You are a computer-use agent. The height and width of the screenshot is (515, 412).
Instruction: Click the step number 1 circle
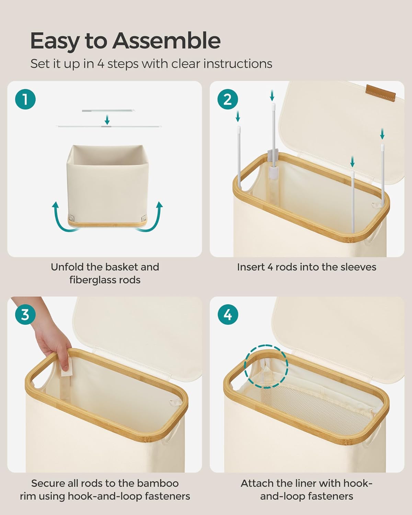coord(25,99)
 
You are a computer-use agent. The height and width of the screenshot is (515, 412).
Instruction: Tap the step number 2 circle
coord(228,99)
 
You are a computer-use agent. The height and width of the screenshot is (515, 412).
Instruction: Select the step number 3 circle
coord(25,314)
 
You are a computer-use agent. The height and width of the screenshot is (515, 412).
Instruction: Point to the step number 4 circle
coord(228,314)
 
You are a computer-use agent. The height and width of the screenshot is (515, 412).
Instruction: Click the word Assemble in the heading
coord(167,41)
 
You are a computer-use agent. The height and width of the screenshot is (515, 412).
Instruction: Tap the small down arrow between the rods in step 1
coord(107,120)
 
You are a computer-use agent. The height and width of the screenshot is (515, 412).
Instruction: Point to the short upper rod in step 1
coord(108,111)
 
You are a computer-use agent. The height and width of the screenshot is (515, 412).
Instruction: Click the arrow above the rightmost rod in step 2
coord(382,134)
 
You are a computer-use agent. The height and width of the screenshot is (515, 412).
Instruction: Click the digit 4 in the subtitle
coord(101,64)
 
